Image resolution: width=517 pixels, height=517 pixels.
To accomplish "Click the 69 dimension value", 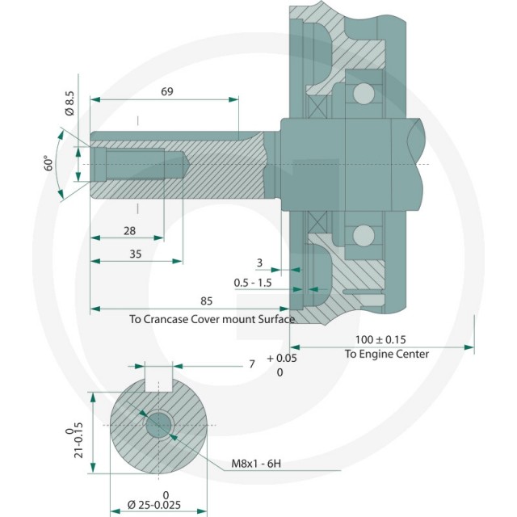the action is pyautogui.click(x=167, y=91).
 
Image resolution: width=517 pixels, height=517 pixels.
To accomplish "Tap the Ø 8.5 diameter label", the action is pyautogui.click(x=70, y=103).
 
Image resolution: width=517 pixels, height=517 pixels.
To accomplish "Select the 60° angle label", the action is pyautogui.click(x=48, y=163).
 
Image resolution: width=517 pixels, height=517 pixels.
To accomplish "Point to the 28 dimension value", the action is pyautogui.click(x=129, y=231).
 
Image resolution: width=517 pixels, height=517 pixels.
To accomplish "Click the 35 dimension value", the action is pyautogui.click(x=135, y=254).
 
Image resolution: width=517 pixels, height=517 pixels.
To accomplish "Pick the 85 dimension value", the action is pyautogui.click(x=207, y=301).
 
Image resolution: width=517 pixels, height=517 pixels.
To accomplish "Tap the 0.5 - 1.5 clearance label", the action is pyautogui.click(x=253, y=283).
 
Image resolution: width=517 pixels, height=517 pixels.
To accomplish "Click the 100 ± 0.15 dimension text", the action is pyautogui.click(x=380, y=339).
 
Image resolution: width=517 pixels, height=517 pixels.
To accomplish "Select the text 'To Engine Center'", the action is pyautogui.click(x=387, y=354).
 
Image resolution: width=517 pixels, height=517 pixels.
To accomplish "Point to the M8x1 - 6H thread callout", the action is pyautogui.click(x=256, y=464).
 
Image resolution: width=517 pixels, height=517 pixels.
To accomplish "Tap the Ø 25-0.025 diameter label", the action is pyautogui.click(x=154, y=505).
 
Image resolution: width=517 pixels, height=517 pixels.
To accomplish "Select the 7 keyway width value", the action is pyautogui.click(x=252, y=364).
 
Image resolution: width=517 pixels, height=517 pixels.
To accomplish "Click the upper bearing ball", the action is pyautogui.click(x=364, y=94).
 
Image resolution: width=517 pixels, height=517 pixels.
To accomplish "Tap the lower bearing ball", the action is pyautogui.click(x=364, y=235).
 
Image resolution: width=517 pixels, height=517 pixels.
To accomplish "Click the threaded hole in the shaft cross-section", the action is pyautogui.click(x=159, y=425).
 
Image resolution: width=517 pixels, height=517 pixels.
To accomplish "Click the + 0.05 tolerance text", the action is pyautogui.click(x=282, y=358).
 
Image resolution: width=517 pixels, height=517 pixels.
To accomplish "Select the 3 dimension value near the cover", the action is pyautogui.click(x=259, y=263).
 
